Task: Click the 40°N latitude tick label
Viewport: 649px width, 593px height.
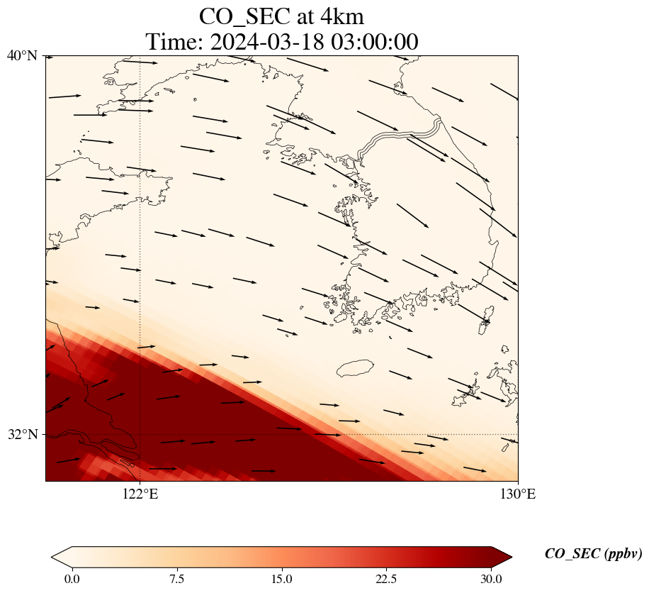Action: pos(23,56)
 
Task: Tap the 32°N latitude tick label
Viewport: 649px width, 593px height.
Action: pos(23,434)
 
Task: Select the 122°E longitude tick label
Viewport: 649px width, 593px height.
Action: pos(140,494)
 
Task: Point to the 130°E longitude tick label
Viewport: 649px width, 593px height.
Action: pos(518,494)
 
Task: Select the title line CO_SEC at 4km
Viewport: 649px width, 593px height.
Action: pos(281,16)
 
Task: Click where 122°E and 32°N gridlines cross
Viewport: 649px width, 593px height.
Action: pos(140,434)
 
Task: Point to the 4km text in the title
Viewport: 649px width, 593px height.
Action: pos(341,16)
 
